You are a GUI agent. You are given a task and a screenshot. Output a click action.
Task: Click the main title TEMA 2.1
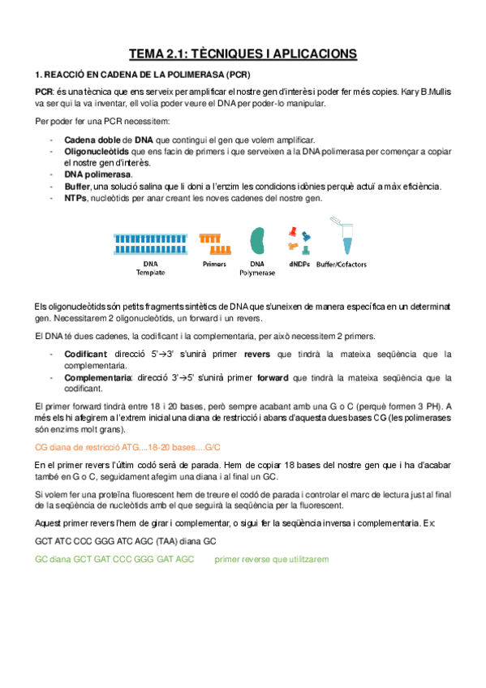coord(243,54)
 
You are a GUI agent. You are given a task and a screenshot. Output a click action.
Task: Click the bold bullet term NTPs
coord(75,198)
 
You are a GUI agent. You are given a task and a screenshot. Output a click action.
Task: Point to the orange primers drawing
coord(213,241)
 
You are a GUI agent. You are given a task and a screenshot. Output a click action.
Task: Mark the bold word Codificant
coord(85,355)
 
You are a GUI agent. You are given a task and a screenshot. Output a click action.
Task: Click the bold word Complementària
coord(96,377)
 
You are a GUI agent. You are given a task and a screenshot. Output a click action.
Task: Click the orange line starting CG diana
coord(128,447)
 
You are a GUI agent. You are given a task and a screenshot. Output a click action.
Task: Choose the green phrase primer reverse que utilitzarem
coord(272,559)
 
